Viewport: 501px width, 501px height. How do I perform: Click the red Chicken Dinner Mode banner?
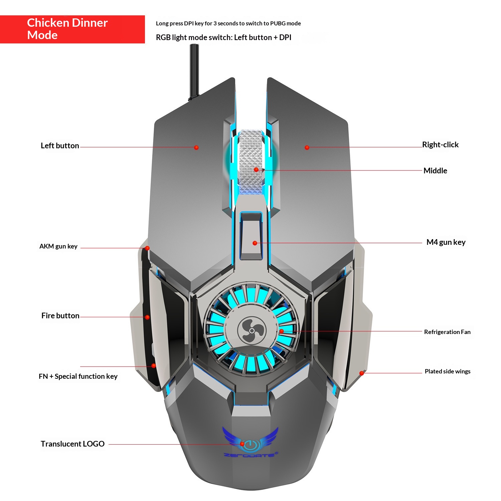(x=72, y=29)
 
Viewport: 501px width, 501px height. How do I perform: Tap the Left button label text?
(x=60, y=146)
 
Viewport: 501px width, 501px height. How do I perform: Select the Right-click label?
(x=440, y=145)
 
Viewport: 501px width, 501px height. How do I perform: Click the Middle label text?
(x=435, y=171)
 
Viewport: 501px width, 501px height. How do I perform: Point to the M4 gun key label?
(x=446, y=242)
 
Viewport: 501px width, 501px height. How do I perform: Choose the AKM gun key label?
(x=58, y=246)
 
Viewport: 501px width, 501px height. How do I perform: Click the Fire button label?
(x=60, y=316)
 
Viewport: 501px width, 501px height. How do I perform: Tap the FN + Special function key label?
(x=78, y=376)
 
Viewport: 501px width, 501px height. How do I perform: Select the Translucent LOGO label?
(x=72, y=444)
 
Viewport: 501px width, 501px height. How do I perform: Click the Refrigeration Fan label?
(x=447, y=332)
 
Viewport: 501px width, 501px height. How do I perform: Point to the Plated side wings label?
(x=447, y=371)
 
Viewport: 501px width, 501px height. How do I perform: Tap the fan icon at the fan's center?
(x=252, y=331)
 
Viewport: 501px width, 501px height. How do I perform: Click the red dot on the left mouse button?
(x=196, y=147)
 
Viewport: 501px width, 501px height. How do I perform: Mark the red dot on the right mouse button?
(x=307, y=147)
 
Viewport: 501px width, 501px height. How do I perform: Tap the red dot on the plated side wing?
(x=361, y=373)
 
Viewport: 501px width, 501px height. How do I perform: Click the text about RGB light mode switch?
(x=223, y=37)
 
